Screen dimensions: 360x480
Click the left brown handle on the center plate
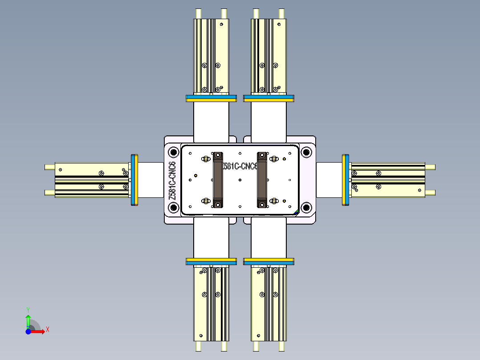(x=218, y=180)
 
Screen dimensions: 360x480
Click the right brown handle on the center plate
(x=262, y=180)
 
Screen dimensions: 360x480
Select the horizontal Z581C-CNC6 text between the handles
(x=240, y=166)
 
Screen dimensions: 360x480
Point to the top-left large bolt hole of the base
(x=173, y=152)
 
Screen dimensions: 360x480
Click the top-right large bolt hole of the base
(x=306, y=152)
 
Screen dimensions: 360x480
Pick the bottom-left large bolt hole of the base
(x=173, y=208)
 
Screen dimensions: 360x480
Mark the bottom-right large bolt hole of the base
(x=306, y=208)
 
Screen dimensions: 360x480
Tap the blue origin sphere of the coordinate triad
(x=28, y=331)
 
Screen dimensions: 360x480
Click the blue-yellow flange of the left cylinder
(x=134, y=180)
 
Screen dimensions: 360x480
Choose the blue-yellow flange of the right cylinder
(x=346, y=180)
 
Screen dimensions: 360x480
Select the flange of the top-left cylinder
(x=211, y=98)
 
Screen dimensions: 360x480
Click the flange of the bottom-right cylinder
(x=269, y=261)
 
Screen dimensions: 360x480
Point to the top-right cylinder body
(x=269, y=56)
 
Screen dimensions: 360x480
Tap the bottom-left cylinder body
(x=211, y=303)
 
